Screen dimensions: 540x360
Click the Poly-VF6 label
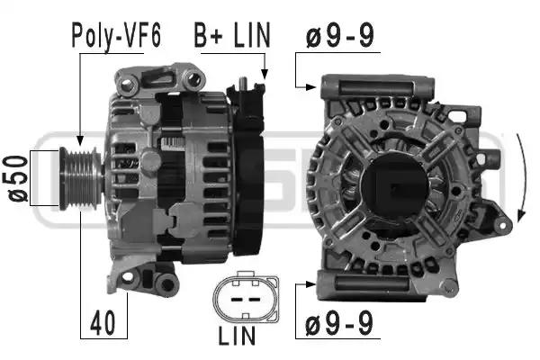[116, 35]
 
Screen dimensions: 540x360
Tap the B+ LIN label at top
[232, 35]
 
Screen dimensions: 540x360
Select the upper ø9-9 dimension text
[339, 35]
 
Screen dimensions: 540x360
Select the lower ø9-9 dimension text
[339, 323]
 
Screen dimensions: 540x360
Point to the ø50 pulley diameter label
[15, 178]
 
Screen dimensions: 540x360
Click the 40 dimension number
[103, 323]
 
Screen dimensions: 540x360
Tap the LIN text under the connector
[237, 336]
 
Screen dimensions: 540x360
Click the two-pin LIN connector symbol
[246, 298]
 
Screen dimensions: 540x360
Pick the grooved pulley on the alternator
[81, 178]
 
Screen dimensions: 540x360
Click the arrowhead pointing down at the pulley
[80, 140]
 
